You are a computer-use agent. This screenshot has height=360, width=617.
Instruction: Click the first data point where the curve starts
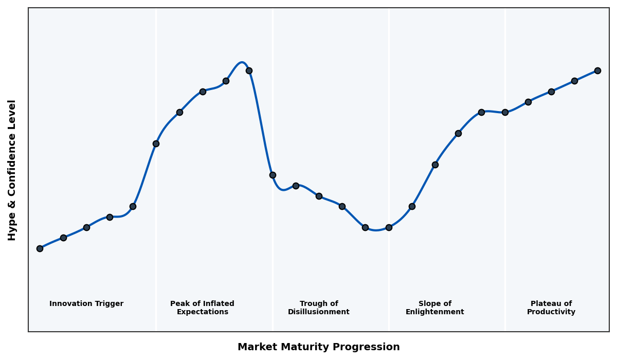pyautogui.click(x=40, y=248)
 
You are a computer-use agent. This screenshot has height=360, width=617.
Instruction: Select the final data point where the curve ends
pyautogui.click(x=597, y=70)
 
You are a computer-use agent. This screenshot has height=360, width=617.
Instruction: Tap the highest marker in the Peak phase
pyautogui.click(x=249, y=70)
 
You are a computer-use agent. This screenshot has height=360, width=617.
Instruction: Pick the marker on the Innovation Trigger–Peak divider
pyautogui.click(x=156, y=143)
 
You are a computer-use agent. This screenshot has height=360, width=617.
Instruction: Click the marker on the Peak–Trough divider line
pyautogui.click(x=273, y=175)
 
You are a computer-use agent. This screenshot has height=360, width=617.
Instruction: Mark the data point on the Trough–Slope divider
pyautogui.click(x=389, y=227)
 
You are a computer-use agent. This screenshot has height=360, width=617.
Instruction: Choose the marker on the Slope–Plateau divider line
pyautogui.click(x=505, y=112)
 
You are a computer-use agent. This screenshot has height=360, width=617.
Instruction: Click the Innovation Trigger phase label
pyautogui.click(x=86, y=304)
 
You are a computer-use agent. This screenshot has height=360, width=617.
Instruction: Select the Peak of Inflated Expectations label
pyautogui.click(x=202, y=308)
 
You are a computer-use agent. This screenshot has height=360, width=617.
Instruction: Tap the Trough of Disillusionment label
pyautogui.click(x=319, y=308)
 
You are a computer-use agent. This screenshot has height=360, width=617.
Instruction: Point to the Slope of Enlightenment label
pyautogui.click(x=435, y=308)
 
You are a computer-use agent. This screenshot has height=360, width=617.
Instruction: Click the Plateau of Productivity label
pyautogui.click(x=551, y=308)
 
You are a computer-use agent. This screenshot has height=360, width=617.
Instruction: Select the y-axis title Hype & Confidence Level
pyautogui.click(x=12, y=170)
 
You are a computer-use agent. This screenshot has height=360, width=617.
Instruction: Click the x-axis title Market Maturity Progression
pyautogui.click(x=319, y=347)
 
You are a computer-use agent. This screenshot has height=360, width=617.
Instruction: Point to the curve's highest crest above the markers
pyautogui.click(x=242, y=62)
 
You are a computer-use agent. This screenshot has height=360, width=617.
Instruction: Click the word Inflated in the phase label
pyautogui.click(x=217, y=304)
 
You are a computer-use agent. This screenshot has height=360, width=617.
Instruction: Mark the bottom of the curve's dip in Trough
pyautogui.click(x=376, y=230)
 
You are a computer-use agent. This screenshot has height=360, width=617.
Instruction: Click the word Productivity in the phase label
pyautogui.click(x=551, y=312)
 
